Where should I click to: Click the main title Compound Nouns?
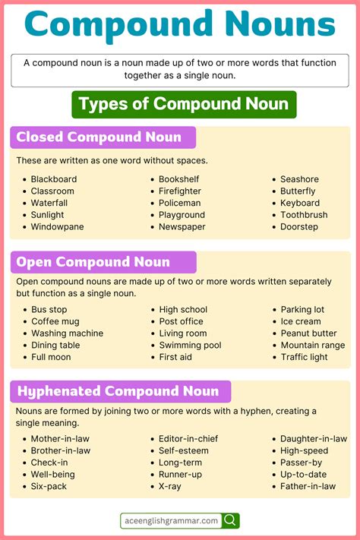point(179,25)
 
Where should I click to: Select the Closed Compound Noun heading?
point(99,137)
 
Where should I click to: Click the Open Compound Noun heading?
point(93,262)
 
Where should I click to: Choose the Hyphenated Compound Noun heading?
point(118,391)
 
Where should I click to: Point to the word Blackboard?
point(53,179)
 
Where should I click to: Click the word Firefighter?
point(180,191)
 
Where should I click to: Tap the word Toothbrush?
point(304,215)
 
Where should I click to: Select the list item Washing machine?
point(67,333)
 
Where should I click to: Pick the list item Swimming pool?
point(190,345)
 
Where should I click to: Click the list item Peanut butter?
point(308,333)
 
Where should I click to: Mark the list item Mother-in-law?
point(60,439)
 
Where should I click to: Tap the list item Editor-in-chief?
point(188,439)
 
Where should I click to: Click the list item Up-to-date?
point(303,474)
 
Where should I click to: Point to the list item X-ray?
point(170,486)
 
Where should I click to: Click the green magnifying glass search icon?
point(231,520)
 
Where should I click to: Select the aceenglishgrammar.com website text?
point(170,520)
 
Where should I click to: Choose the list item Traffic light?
point(304,357)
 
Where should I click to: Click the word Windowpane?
point(57,227)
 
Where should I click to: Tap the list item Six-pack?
point(49,486)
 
